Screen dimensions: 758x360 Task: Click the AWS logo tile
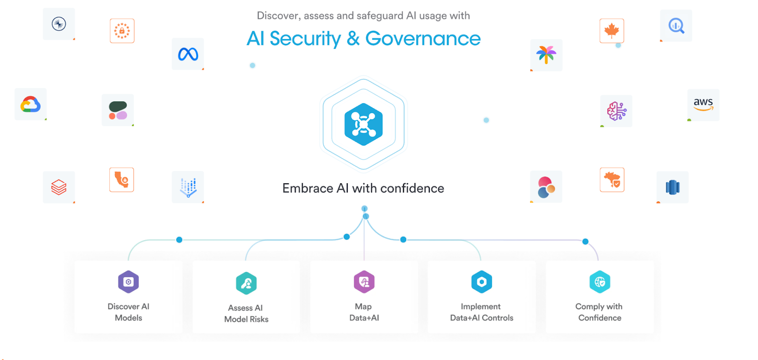tap(703, 104)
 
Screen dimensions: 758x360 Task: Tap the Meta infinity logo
tap(188, 54)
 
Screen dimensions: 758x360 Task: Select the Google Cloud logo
tap(30, 104)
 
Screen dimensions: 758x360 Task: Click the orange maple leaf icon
tap(612, 31)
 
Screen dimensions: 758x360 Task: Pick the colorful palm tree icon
tap(546, 55)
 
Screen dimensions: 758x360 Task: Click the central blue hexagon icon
tap(363, 124)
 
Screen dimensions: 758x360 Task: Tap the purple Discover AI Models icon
tap(128, 282)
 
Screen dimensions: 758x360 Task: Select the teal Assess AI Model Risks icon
tap(246, 283)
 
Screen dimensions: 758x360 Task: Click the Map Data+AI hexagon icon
tap(364, 282)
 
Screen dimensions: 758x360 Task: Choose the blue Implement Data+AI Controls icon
tap(481, 282)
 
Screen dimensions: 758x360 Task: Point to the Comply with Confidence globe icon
tap(600, 282)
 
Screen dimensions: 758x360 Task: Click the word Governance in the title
tap(423, 39)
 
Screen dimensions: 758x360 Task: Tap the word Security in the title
tap(305, 39)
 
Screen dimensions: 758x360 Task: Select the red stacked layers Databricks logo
tap(59, 187)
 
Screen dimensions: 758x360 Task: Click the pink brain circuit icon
tap(616, 111)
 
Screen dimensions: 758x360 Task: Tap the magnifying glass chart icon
tap(676, 26)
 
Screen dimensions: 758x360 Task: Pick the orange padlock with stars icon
tap(122, 31)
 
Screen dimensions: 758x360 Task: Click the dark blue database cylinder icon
tap(672, 187)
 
